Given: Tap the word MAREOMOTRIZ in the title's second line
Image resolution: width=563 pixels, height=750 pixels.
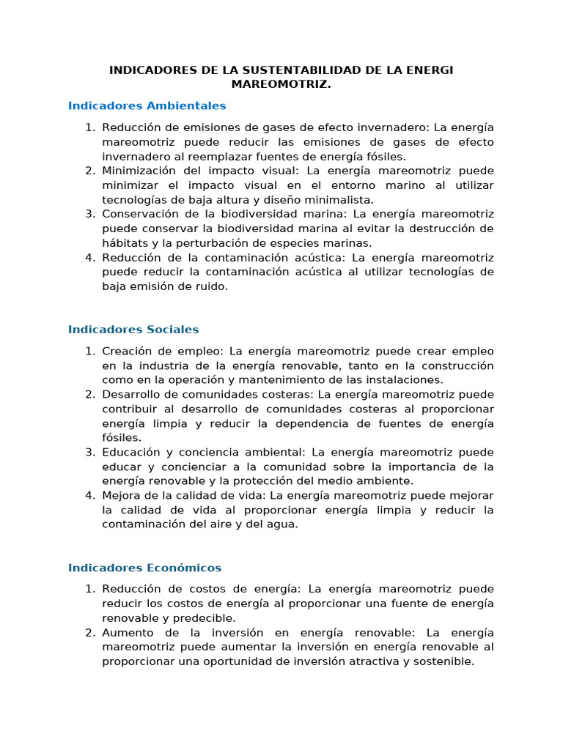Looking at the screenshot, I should pos(281,84).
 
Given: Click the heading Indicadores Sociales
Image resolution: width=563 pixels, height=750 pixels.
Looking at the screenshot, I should pos(133,330).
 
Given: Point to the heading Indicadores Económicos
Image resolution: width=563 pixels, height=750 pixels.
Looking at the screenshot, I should pos(144,568).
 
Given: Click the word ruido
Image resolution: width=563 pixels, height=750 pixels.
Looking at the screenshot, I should pos(212,286).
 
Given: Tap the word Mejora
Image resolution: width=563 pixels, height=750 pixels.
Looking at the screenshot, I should pos(120,495).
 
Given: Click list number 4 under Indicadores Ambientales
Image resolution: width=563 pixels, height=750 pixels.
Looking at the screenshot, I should pos(89,257).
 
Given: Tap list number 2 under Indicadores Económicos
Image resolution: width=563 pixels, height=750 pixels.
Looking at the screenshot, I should pos(89,632).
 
